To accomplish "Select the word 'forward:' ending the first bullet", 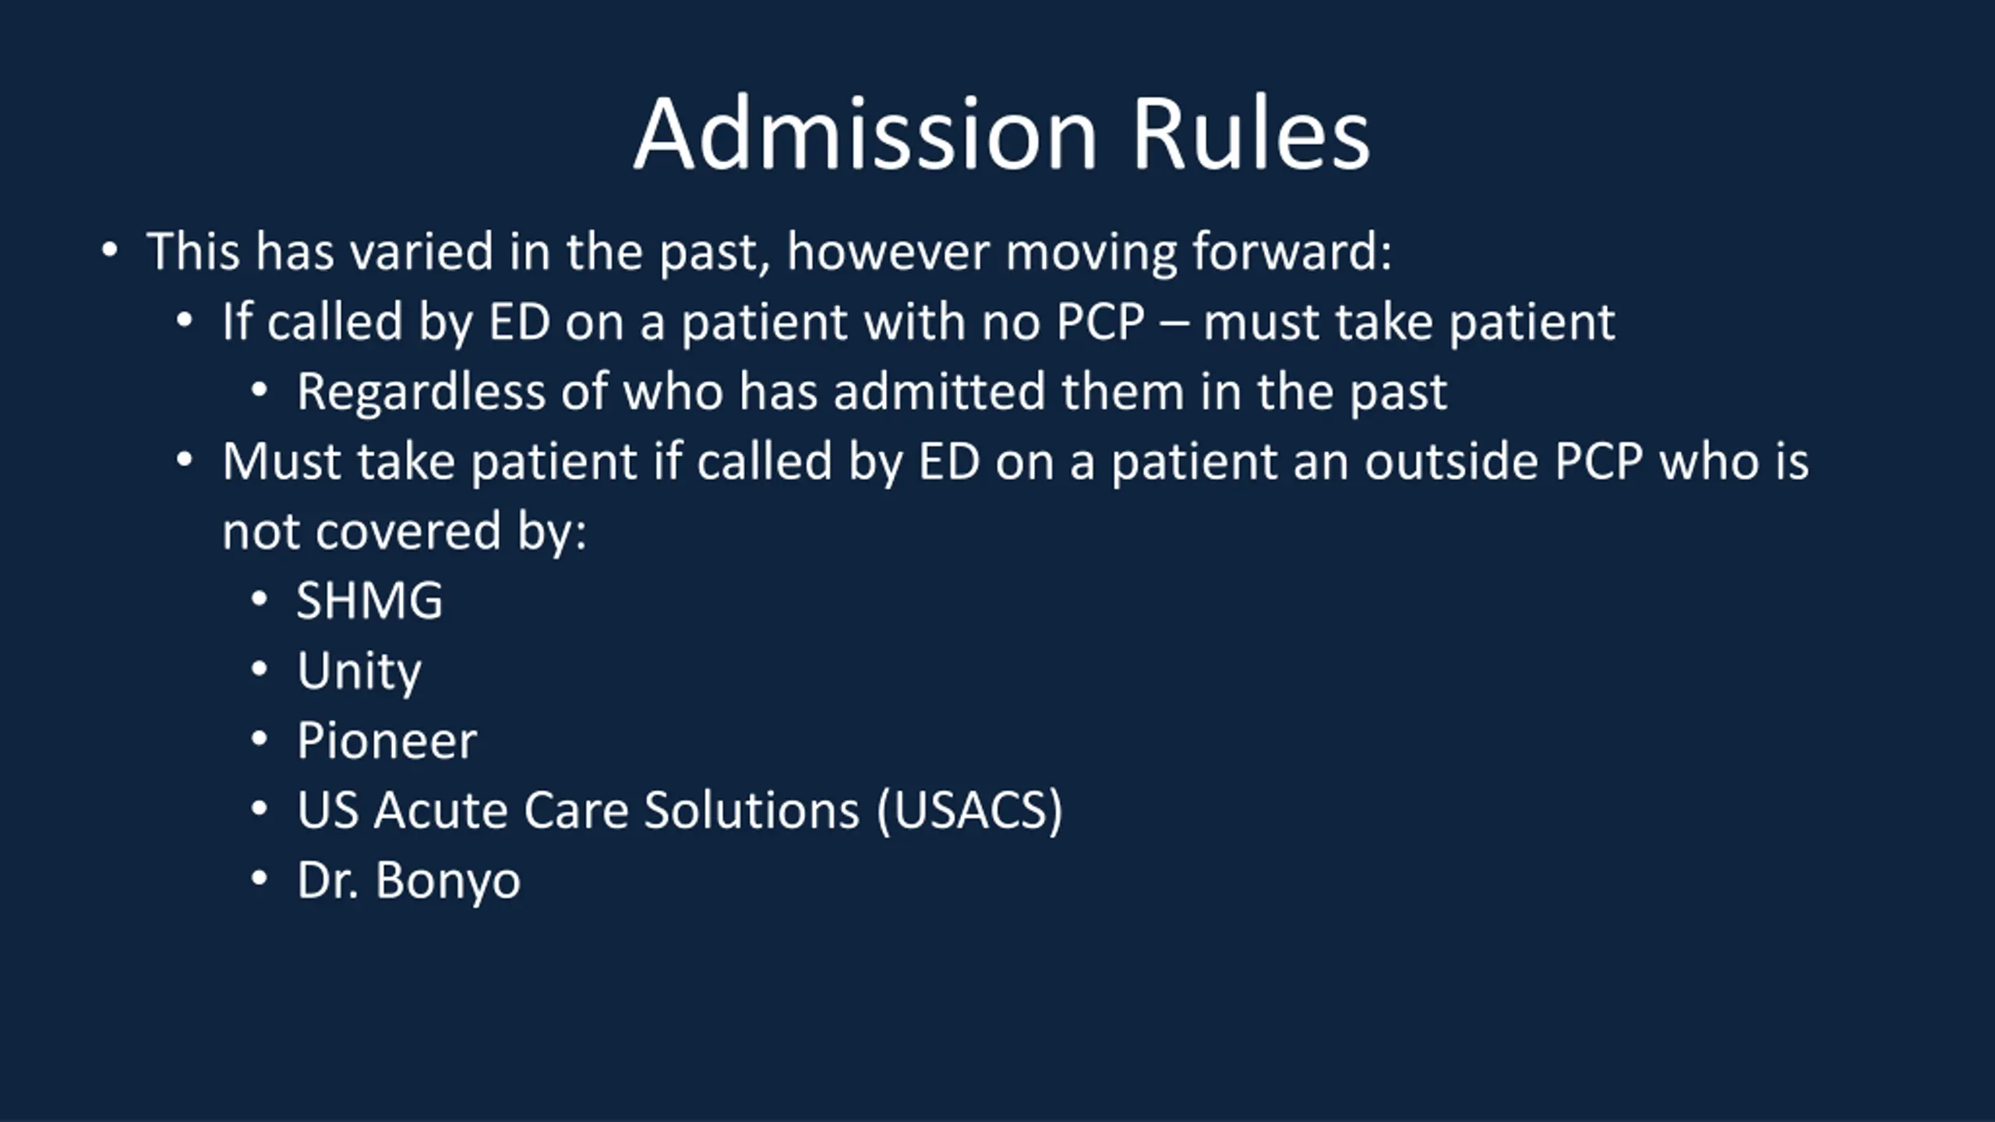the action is tap(1292, 252).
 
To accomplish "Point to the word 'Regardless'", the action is tap(421, 392).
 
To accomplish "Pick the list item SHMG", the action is tap(369, 601).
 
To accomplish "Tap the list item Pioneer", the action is tap(387, 740).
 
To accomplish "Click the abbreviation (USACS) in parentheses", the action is tap(969, 810).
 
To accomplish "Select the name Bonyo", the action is tap(448, 881).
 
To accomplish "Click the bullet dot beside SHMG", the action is tap(260, 599).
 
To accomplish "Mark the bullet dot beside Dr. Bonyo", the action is tap(260, 878).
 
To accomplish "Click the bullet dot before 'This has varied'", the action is tap(110, 250).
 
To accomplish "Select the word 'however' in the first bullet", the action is tap(888, 252).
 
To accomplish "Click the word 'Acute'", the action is tap(440, 810).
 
